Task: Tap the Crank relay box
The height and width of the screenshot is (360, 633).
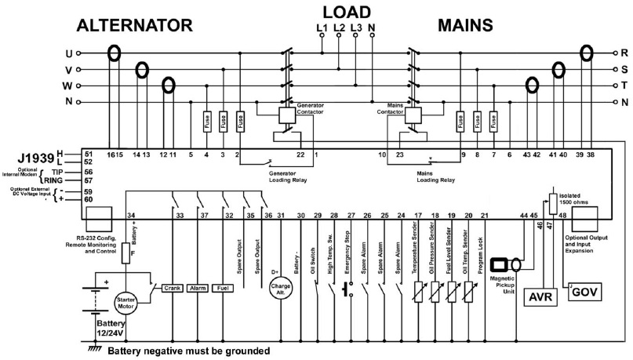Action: point(173,288)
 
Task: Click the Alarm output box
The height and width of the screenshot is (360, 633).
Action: point(198,288)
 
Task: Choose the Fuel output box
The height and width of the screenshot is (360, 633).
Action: point(222,288)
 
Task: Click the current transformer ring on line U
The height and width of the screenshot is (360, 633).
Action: point(115,54)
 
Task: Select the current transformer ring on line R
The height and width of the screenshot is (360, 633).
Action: point(587,53)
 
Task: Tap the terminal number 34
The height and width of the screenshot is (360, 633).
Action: point(131,216)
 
